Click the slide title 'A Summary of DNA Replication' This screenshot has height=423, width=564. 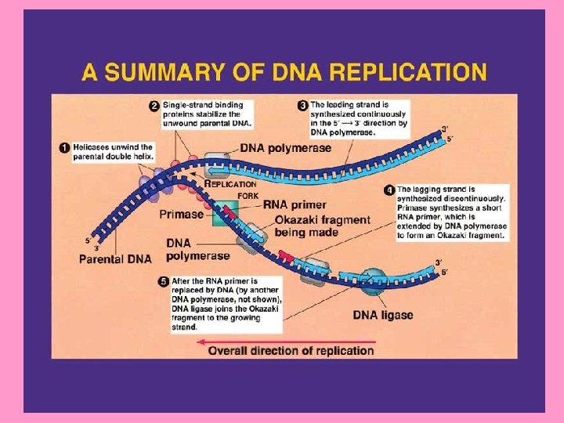(x=284, y=73)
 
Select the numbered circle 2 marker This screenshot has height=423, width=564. (x=154, y=105)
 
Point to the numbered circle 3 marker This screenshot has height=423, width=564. (x=302, y=105)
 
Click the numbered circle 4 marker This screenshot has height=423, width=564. (x=389, y=190)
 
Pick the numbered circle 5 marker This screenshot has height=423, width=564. (x=163, y=281)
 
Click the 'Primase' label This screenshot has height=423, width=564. (x=182, y=213)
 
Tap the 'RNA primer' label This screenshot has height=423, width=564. (x=291, y=205)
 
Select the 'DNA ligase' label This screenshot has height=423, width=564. (x=382, y=316)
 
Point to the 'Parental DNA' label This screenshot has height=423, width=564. (x=115, y=258)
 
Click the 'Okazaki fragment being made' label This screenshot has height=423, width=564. (x=321, y=226)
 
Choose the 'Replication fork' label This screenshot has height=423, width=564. (x=231, y=189)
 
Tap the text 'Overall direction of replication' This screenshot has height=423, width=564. (x=291, y=351)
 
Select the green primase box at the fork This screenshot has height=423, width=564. (x=226, y=213)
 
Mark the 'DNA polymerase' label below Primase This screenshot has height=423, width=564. (x=197, y=249)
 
